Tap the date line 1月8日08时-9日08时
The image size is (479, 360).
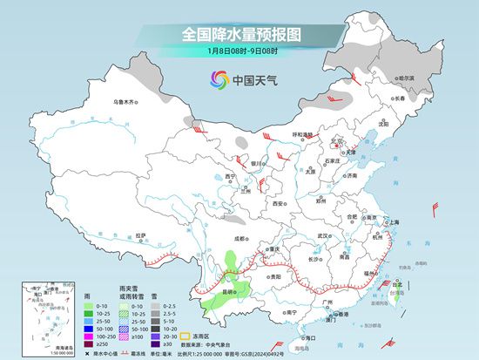[x=239, y=53]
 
